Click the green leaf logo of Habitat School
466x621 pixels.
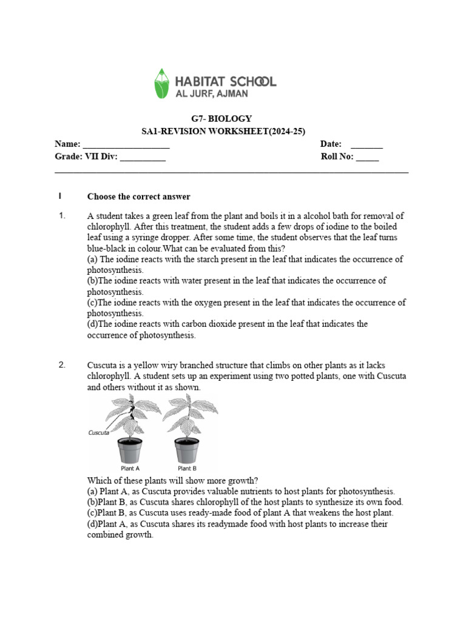point(161,84)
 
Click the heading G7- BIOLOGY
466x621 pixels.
point(221,119)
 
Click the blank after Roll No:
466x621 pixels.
point(367,158)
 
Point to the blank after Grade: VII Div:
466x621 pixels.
point(143,158)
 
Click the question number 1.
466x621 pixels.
point(61,216)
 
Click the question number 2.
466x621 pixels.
point(61,365)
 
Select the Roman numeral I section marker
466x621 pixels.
point(60,196)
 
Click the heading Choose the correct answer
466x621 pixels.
point(139,196)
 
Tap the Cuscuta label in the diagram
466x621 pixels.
point(98,433)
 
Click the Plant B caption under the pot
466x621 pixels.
point(187,468)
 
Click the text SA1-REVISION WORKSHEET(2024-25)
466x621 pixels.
point(221,132)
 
